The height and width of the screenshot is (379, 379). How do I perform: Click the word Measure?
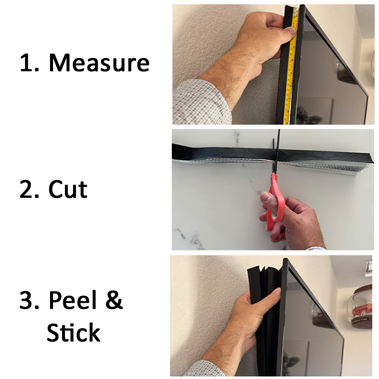(x=99, y=63)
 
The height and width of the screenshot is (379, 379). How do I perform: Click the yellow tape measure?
(x=291, y=65)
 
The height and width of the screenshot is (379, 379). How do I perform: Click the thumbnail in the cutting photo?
(x=265, y=197)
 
